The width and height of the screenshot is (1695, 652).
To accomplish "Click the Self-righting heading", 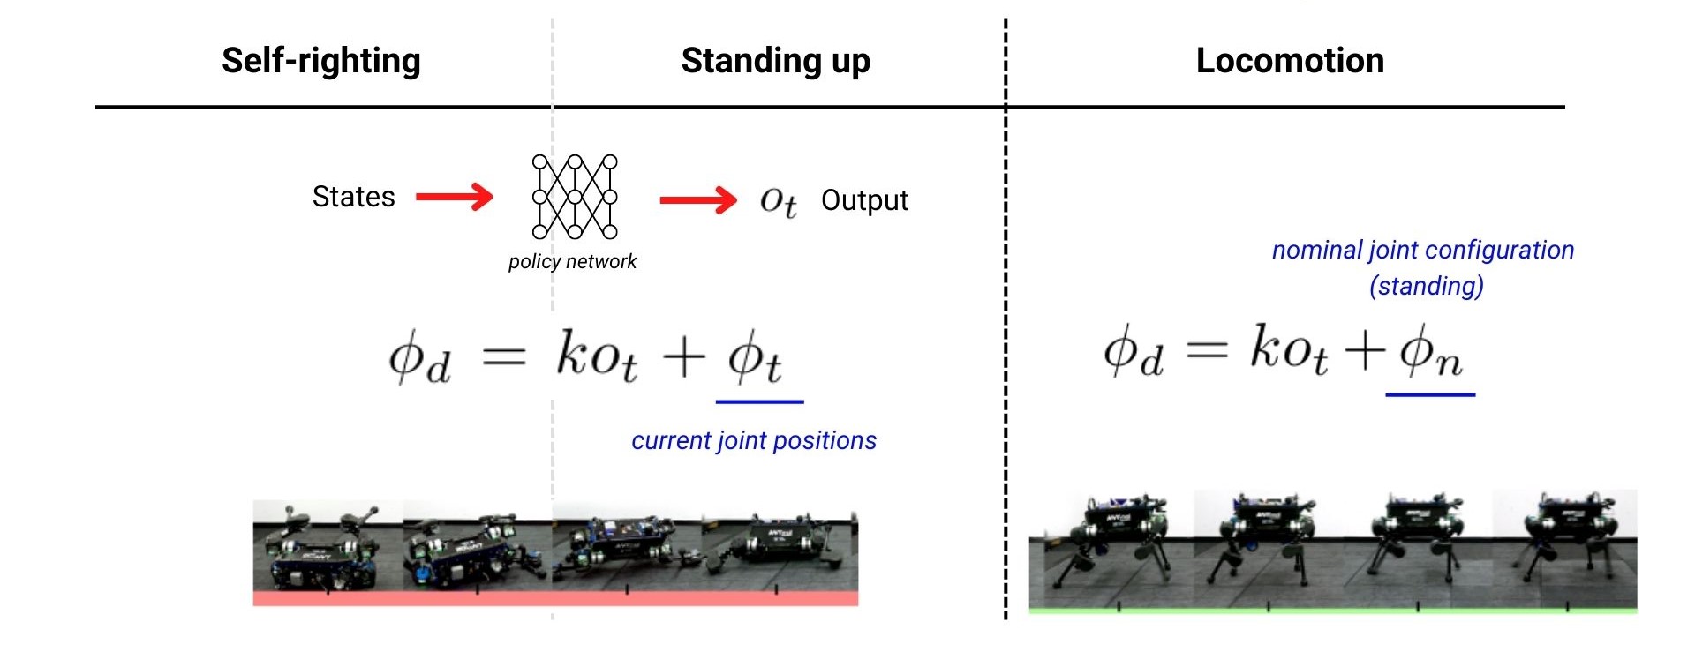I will pos(320,61).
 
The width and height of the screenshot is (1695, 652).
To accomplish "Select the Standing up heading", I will pos(775,61).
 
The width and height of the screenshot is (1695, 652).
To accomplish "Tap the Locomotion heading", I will pos(1289,61).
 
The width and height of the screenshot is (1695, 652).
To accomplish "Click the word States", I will pos(353,197).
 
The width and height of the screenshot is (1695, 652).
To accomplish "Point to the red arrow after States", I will pos(454,197).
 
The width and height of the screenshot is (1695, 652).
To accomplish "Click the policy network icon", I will pos(575,197).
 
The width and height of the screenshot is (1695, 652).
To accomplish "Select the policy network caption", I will pos(572,261).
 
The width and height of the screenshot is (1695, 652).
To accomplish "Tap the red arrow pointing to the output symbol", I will pos(697,200).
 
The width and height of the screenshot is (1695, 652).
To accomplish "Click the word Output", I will pos(864,200).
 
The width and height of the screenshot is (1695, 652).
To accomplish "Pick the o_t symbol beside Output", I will pos(778,202).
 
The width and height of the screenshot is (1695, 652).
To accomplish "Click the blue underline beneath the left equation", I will pos(759,401).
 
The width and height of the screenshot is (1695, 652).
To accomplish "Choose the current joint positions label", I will pos(754,440).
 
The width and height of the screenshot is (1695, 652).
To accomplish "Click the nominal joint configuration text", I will pos(1422,250).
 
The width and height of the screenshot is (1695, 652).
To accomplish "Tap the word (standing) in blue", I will pos(1426,286).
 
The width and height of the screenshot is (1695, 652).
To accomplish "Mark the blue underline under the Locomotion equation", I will pos(1430,394).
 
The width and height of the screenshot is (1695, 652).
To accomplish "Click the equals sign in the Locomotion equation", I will pos(1206,350).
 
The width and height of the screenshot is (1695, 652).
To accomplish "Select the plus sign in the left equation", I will pos(683,358).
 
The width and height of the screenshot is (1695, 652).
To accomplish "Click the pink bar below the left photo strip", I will pos(555,599).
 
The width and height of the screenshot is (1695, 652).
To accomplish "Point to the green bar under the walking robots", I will pos(1332,610).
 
